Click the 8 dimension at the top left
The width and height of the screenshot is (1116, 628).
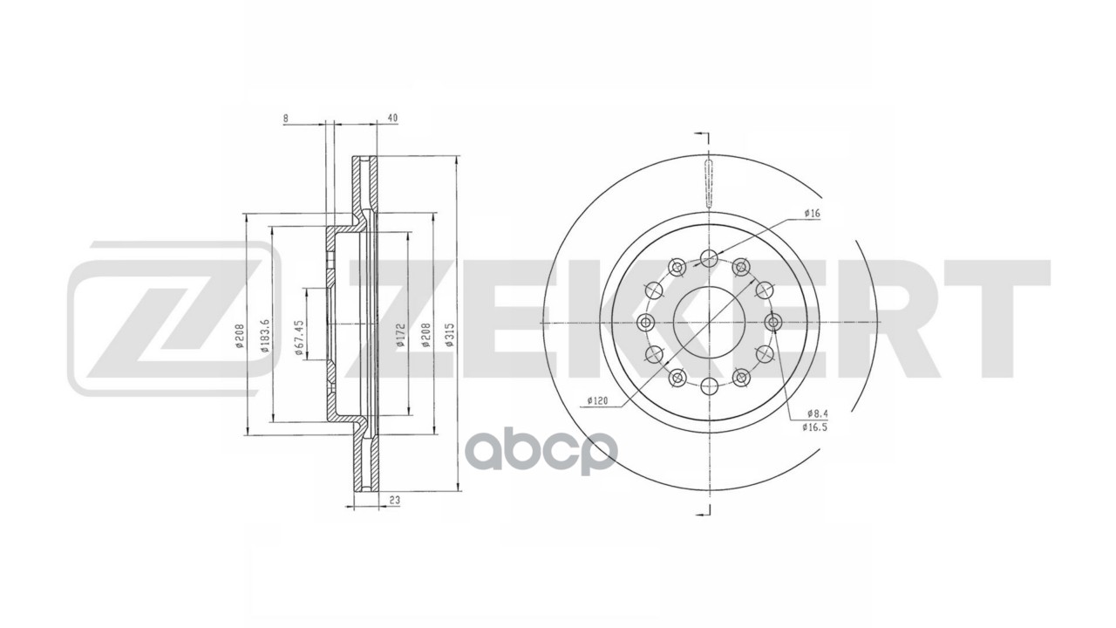[x=286, y=118]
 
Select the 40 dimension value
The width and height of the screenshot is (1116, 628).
[x=392, y=118]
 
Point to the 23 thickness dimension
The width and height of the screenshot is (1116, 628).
[x=395, y=500]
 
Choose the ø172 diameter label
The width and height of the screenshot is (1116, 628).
[x=400, y=337]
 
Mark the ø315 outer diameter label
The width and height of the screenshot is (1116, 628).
[x=450, y=337]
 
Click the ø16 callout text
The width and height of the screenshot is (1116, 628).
[x=813, y=212]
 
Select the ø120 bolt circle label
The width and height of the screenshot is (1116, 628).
[x=596, y=400]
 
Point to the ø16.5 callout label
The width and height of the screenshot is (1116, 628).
[x=815, y=427]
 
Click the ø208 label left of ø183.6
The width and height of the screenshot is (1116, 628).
[x=239, y=337]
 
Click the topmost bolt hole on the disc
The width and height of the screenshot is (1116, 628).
[x=709, y=257]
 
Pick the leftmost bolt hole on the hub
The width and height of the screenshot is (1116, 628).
[x=645, y=323]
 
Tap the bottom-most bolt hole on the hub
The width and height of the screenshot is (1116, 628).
[x=709, y=386]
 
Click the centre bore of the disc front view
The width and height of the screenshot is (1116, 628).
[x=709, y=323]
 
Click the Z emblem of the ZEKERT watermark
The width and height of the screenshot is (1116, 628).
[x=174, y=318]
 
